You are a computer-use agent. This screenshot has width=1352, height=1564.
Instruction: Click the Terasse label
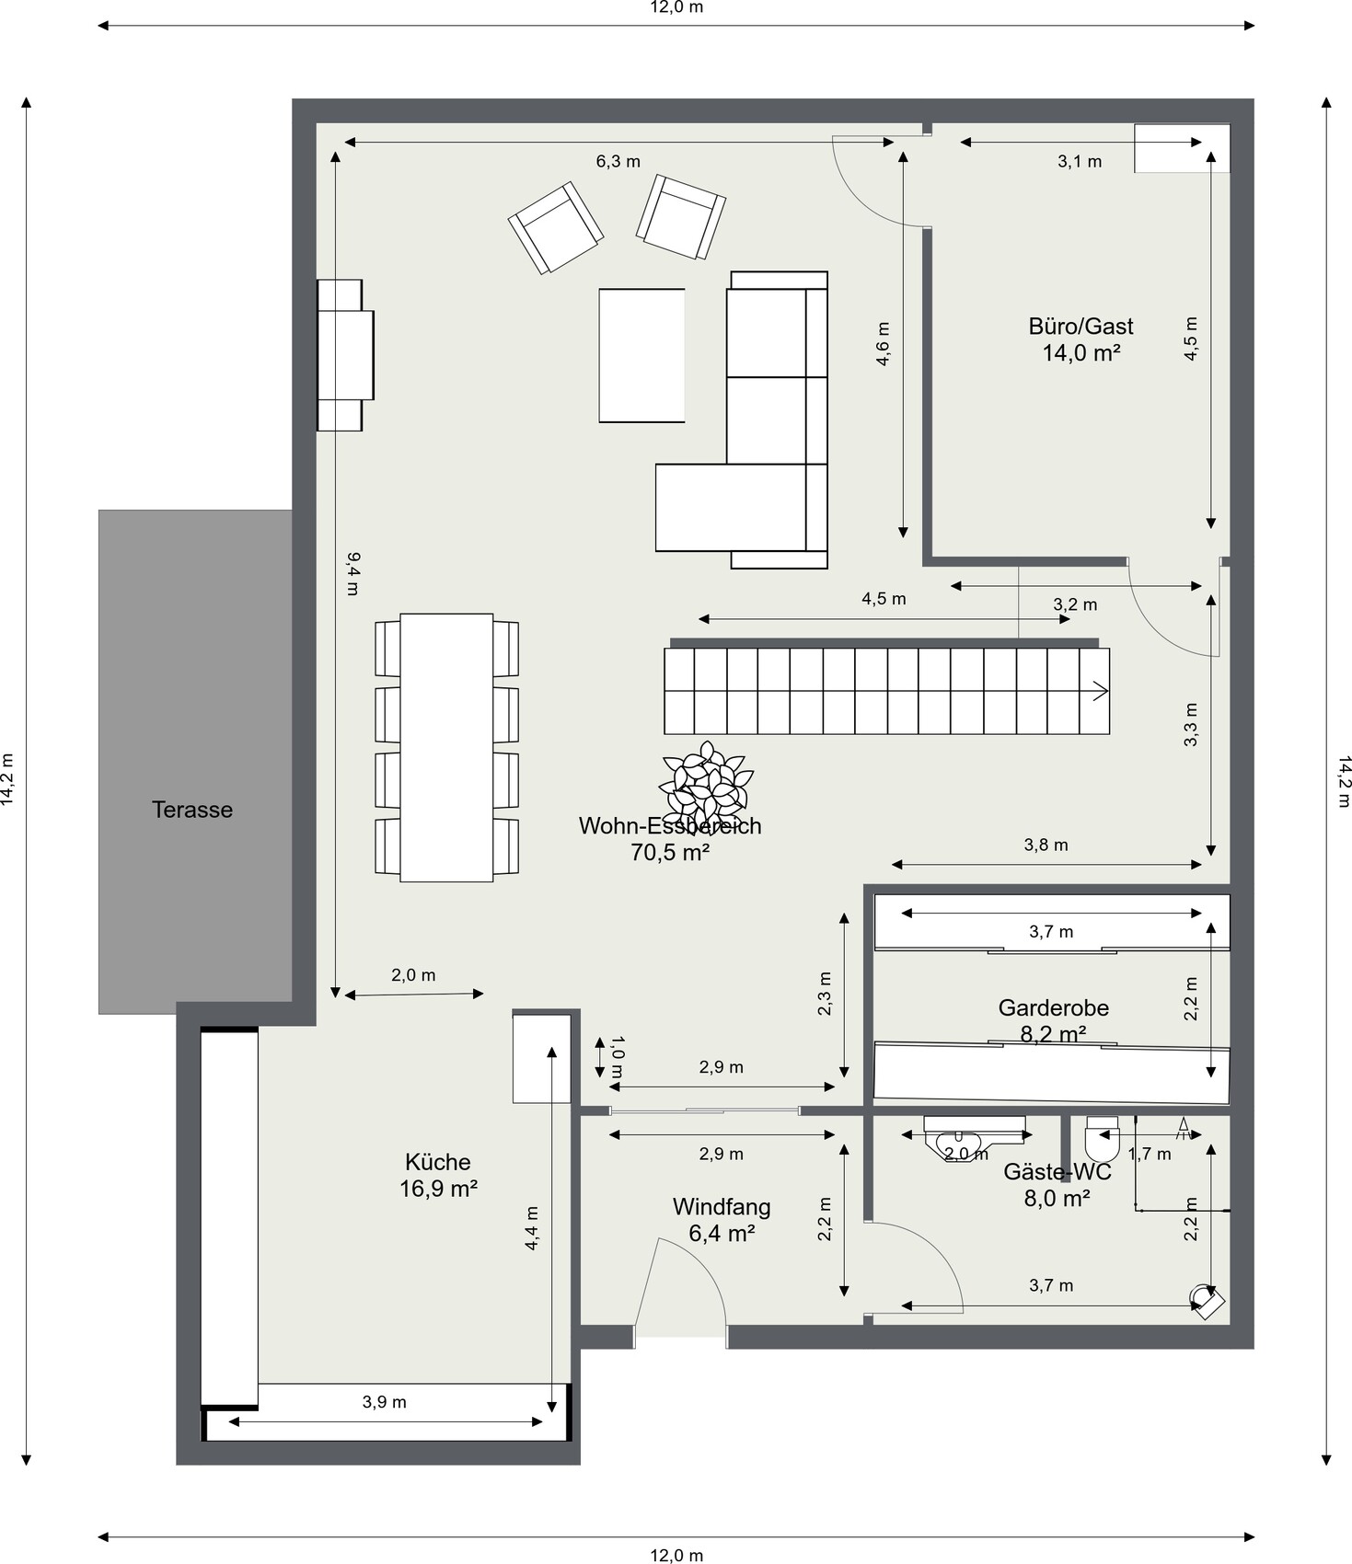pos(191,810)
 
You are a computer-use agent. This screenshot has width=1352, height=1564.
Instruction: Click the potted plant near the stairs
pos(706,784)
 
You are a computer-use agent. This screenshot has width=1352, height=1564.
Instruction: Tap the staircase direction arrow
pos(1100,691)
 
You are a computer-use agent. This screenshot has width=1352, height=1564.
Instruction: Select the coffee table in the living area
pos(641,355)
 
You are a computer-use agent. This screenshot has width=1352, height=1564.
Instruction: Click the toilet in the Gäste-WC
pos(1102,1139)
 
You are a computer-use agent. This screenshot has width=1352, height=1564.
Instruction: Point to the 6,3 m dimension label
pos(618,162)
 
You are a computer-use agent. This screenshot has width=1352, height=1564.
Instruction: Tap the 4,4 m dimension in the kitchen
pos(532,1228)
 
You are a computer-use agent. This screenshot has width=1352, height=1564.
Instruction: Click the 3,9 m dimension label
pos(384,1402)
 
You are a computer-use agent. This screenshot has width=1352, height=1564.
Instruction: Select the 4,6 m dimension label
pos(883,344)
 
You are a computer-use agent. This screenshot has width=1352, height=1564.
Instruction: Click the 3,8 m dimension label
pos(1046,845)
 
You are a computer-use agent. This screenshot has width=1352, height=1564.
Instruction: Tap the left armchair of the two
pos(556,227)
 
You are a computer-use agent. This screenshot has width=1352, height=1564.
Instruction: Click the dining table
pos(446,748)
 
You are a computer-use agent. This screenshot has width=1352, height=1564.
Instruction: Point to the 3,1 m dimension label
pos(1080,162)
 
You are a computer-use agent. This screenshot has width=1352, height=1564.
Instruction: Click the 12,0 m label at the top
pos(676,8)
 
